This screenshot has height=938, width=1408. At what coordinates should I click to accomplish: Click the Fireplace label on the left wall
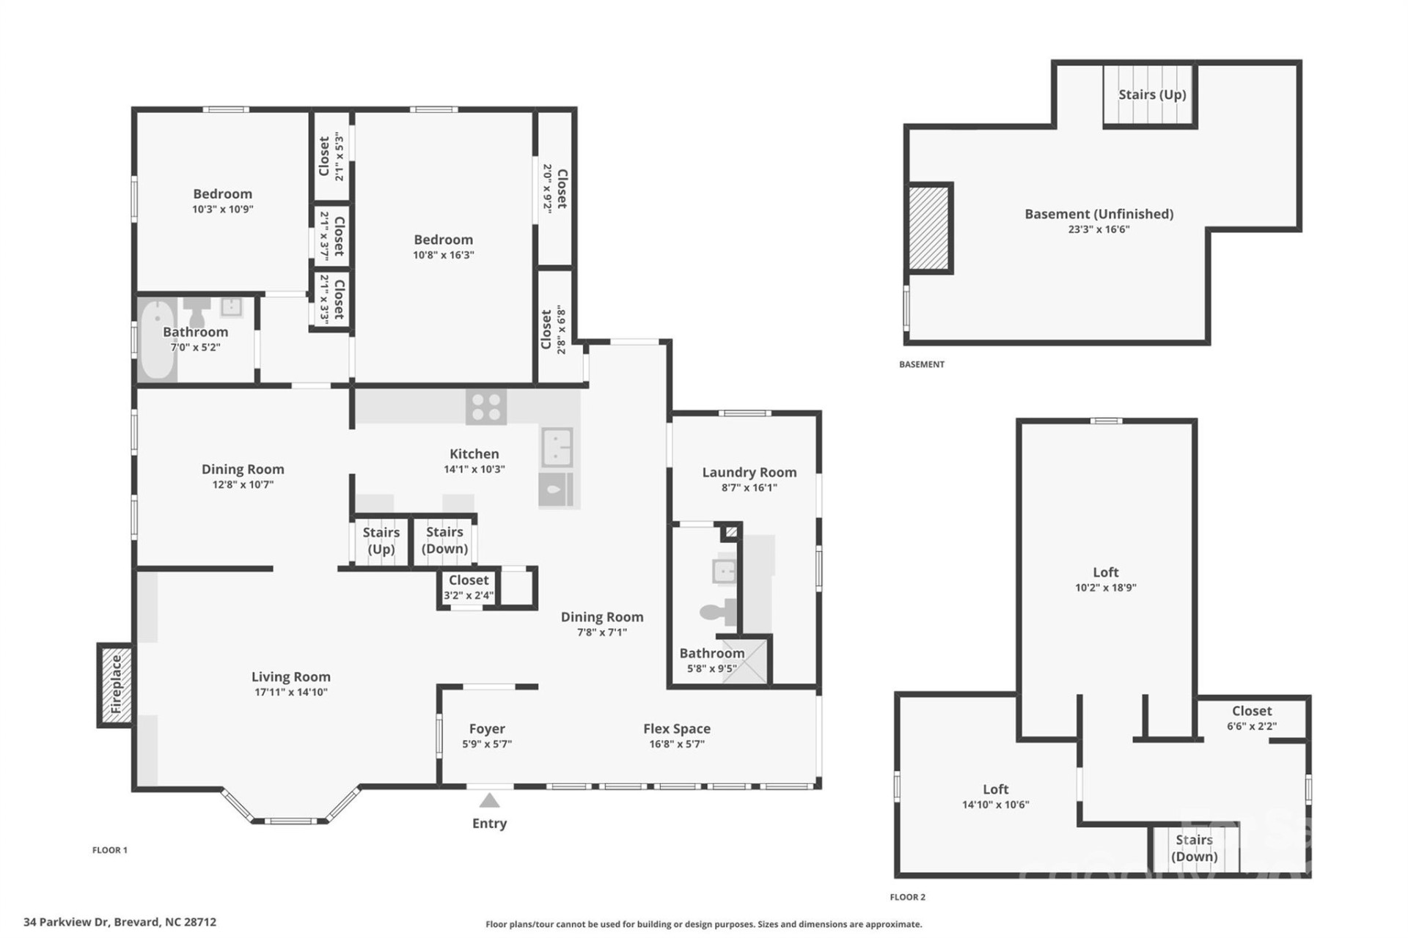[116, 684]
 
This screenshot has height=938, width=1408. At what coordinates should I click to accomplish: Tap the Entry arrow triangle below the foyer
[489, 800]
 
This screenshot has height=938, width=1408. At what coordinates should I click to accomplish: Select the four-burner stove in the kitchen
[485, 407]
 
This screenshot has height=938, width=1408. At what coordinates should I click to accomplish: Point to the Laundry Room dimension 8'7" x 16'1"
[749, 487]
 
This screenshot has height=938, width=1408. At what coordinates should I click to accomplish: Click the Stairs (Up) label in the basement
[1151, 95]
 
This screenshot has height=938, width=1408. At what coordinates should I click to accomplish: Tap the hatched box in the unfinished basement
[929, 228]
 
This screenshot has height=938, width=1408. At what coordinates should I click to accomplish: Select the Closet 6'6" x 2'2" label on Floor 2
[1251, 711]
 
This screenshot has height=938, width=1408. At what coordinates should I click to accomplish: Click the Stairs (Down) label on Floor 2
[1193, 848]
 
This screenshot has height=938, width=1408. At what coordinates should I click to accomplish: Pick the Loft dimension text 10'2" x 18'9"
[1105, 587]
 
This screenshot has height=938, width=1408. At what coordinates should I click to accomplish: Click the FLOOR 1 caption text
[110, 850]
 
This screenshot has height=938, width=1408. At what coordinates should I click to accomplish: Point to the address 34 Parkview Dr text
[120, 922]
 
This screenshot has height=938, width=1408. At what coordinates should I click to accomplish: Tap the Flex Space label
[676, 728]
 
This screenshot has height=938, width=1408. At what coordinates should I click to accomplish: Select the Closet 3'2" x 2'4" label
[468, 580]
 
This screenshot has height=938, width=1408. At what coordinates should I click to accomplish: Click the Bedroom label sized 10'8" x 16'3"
[443, 240]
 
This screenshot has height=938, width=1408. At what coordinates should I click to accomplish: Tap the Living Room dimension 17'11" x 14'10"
[290, 692]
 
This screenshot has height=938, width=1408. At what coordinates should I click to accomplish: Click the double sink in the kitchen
[557, 447]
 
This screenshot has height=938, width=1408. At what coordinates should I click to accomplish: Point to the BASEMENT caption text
[921, 364]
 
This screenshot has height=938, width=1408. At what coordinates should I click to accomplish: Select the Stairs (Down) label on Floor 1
[444, 540]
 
